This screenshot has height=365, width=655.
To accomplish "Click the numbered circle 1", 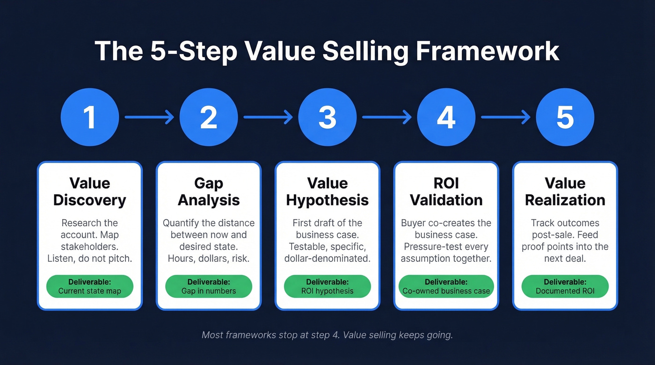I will (89, 117).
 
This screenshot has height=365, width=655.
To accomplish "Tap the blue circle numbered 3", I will (327, 117).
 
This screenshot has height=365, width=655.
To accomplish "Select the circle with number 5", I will (565, 117).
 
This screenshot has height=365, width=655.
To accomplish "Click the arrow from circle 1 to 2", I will (149, 117).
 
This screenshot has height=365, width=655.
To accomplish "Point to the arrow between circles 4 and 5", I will (506, 117).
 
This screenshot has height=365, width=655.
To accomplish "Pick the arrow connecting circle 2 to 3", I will (268, 117).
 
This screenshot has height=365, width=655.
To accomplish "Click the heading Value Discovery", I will (89, 191).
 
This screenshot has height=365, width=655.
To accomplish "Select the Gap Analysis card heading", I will (209, 191).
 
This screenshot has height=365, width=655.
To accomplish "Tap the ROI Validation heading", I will (446, 191).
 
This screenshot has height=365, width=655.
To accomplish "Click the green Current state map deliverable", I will (89, 286).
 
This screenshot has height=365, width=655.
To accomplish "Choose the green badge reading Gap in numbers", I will (209, 286).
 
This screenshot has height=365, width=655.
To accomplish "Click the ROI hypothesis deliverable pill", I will (327, 286).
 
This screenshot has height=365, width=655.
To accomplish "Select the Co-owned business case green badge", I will (446, 286).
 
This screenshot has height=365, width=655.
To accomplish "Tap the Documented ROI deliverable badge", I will (565, 286).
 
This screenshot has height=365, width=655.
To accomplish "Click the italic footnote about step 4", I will (327, 335).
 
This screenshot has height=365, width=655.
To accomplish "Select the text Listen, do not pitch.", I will (89, 258).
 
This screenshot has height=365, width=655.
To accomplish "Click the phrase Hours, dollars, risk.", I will (209, 258).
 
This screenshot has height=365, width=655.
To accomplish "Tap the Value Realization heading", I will (565, 191).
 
